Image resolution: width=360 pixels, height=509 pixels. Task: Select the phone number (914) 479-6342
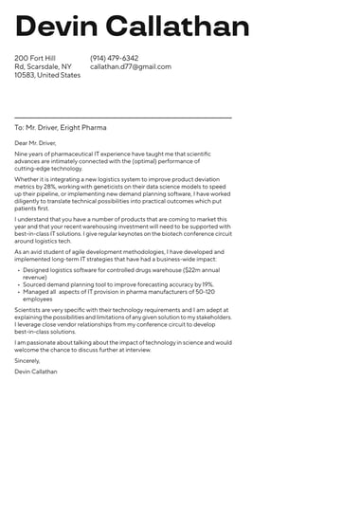114,58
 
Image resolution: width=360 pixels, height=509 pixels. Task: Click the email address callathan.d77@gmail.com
131,66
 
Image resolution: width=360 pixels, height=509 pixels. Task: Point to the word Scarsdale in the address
55,66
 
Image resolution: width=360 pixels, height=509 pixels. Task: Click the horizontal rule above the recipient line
123,118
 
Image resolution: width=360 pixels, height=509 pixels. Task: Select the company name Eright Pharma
84,127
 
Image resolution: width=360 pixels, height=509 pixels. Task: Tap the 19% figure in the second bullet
207,283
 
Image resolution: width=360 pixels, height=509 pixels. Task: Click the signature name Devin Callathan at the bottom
36,372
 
